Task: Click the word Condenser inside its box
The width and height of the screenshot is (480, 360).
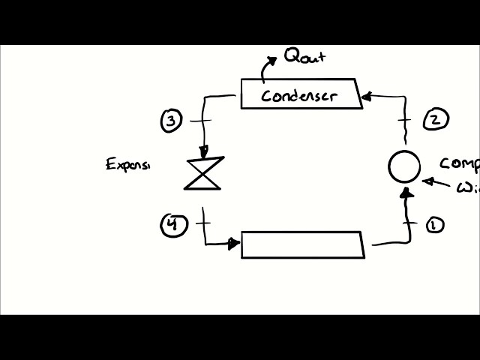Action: point(299,96)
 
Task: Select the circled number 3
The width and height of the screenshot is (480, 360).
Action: point(172,120)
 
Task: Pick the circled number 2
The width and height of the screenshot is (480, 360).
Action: point(436,118)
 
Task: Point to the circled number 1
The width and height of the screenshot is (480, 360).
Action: point(434,225)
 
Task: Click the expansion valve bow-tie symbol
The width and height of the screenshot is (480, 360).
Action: point(203,173)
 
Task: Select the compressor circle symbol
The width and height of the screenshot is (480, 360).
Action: point(404,167)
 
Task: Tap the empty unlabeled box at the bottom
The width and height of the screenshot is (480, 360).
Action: point(302,245)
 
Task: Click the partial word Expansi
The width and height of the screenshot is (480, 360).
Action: point(128,164)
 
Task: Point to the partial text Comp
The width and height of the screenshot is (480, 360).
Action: point(459,163)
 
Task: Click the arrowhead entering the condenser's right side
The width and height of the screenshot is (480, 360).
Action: point(367,96)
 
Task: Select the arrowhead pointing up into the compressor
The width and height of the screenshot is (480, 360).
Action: point(406,193)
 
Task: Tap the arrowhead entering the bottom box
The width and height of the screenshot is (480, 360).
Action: point(235,243)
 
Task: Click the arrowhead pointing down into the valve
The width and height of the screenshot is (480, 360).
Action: point(203,152)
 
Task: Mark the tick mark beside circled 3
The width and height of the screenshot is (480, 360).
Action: point(200,120)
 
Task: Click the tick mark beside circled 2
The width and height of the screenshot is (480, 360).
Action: point(405,119)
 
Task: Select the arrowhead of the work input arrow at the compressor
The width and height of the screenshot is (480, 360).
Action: point(427,181)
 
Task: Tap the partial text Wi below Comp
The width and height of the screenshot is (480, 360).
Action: point(468,187)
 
